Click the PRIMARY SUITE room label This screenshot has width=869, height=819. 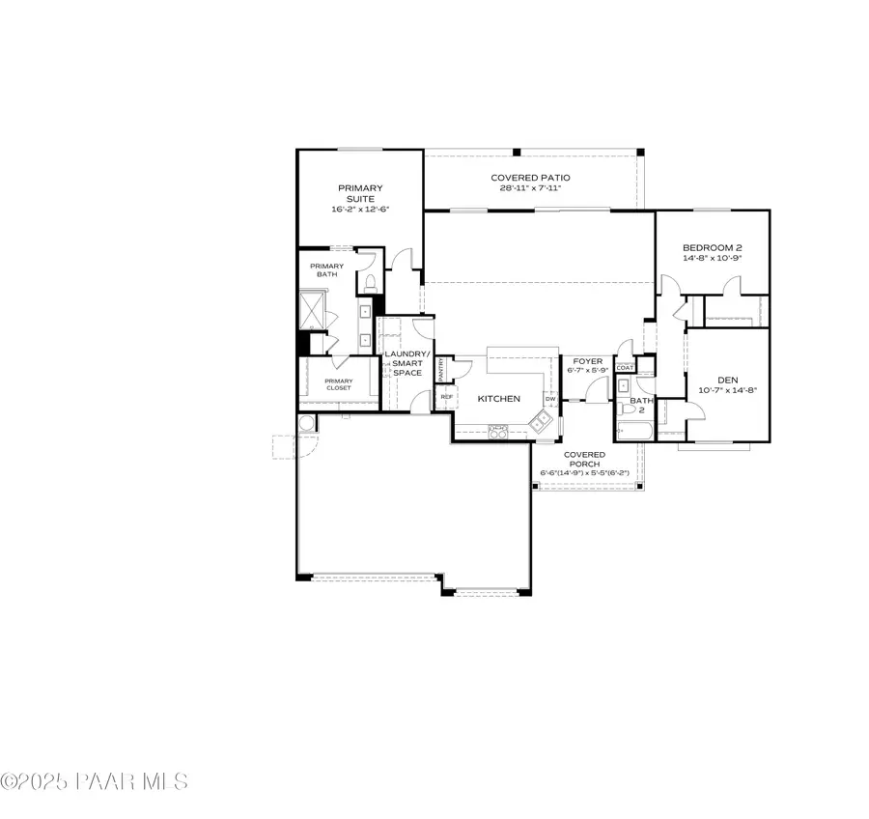pos(360,193)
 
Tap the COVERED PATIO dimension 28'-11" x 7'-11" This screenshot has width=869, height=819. pos(530,187)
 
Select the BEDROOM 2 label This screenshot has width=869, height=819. pos(713,247)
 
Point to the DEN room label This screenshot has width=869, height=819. pos(727,380)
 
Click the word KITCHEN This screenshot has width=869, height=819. pos(500,398)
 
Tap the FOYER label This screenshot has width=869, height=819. pos(586,361)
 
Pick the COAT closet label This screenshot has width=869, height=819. pos(625,367)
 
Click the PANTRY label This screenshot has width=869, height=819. pos(441,368)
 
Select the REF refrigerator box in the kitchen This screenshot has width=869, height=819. pos(446,397)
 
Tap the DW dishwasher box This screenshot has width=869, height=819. pos(550,398)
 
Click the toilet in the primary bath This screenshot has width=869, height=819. pos(369,283)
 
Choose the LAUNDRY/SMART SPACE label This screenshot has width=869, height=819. pos(404,363)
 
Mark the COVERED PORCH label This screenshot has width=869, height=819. pos(584,460)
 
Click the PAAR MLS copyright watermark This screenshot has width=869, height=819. pos(95,781)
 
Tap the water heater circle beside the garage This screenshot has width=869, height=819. pos(306,423)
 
